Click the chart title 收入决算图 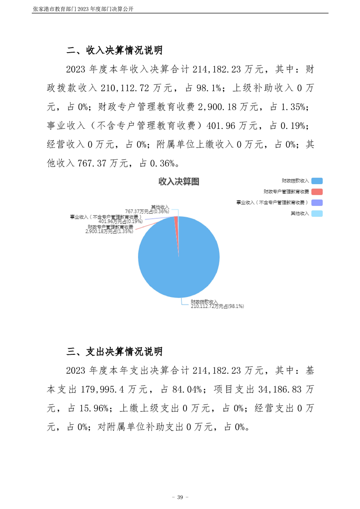coord(178,182)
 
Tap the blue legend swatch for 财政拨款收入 coord(317,181)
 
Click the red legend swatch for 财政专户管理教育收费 coord(317,191)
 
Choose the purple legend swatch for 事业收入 coord(317,202)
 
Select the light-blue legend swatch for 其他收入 coord(317,213)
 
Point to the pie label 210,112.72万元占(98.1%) coord(217,307)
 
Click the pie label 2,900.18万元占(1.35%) coord(109,231)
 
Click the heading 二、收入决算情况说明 coord(114,50)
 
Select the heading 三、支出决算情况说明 coord(114,352)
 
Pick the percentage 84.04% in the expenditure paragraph coord(188,390)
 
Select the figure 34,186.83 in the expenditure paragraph coord(275,390)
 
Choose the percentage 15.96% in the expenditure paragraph coord(94,408)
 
